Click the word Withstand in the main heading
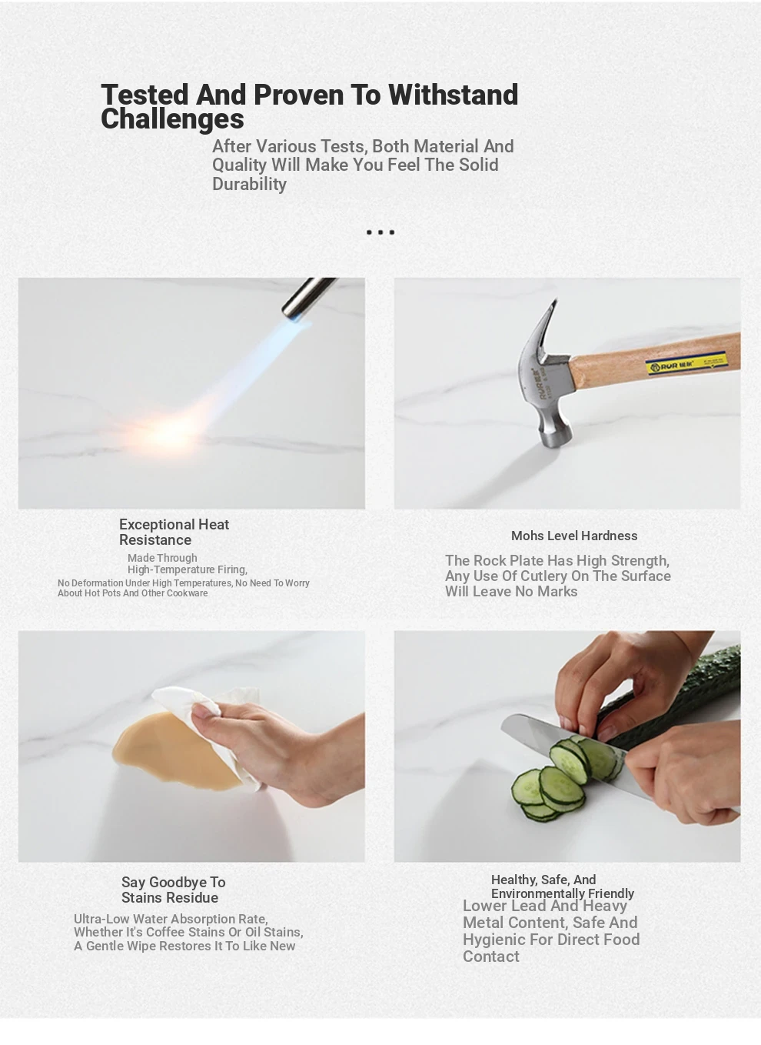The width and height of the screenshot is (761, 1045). click(454, 95)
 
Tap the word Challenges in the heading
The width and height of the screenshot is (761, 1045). click(172, 119)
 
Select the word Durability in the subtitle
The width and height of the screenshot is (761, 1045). click(249, 184)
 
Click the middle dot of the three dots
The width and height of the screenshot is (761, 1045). click(380, 232)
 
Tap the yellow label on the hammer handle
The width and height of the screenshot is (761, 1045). click(686, 363)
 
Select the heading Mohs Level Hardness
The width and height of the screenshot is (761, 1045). click(574, 536)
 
